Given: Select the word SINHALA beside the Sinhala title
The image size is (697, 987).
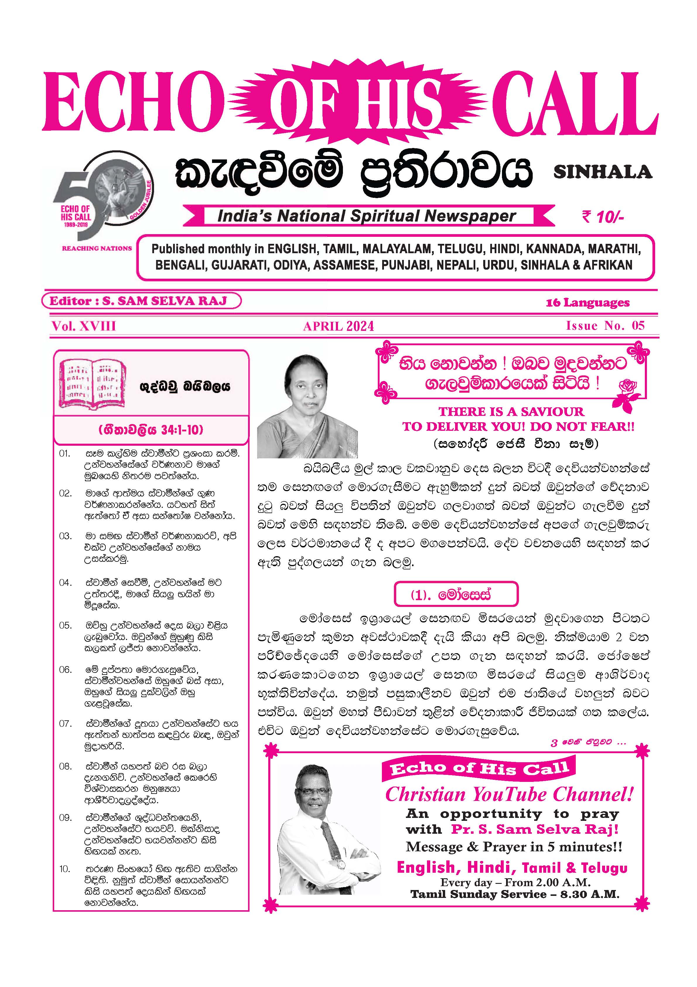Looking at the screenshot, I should coord(602,172).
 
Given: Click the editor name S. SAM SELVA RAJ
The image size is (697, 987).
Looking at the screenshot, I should coord(164,301).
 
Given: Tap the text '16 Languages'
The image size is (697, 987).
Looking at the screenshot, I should coord(587,303).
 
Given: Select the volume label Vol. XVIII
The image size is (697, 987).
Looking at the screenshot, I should coord(84,326).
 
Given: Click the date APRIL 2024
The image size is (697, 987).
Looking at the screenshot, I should coord(338,326).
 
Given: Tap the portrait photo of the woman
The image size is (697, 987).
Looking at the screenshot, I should coord(308,406).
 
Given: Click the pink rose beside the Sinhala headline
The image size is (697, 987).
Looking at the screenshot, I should coord(628,392).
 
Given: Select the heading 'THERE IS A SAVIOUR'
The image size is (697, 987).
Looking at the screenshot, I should coord(511,411).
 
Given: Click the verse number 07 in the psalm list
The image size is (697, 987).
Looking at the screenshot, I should coord(65,724).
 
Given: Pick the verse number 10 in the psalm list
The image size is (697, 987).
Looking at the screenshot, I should coord(65,869).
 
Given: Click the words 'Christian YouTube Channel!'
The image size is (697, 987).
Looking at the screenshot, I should coord(509,794).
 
